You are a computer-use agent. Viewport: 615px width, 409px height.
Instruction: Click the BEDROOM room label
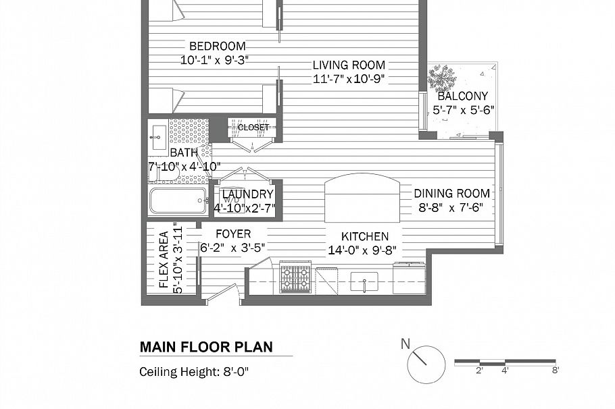(x=218, y=46)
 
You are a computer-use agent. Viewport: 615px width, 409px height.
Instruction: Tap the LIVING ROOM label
(x=349, y=65)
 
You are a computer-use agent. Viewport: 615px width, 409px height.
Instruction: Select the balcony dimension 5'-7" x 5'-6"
(x=463, y=110)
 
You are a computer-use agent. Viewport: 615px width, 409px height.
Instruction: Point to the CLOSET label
(x=253, y=128)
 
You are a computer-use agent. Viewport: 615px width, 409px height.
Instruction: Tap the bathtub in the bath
(x=178, y=201)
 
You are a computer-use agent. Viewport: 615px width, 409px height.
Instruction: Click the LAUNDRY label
(x=247, y=194)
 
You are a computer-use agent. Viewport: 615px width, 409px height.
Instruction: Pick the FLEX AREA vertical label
(x=164, y=259)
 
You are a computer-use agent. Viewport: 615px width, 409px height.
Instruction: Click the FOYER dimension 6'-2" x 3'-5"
(x=232, y=248)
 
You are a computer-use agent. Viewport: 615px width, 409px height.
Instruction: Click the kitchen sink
(x=364, y=281)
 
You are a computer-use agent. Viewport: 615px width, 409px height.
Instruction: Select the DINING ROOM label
(x=452, y=193)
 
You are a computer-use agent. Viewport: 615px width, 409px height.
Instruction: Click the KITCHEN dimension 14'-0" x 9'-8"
(x=362, y=250)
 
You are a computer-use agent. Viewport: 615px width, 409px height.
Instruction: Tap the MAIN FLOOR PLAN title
(x=206, y=347)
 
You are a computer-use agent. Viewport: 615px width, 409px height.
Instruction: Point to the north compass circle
(x=426, y=364)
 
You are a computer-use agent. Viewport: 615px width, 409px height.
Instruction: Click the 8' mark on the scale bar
(x=556, y=371)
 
